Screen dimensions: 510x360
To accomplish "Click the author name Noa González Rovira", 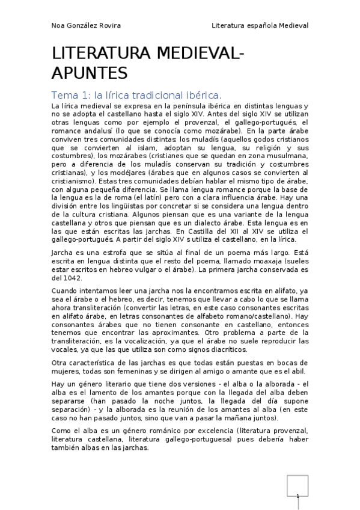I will [87, 26].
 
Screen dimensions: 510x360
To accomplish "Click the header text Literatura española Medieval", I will [260, 26].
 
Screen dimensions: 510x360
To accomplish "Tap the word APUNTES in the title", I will [90, 73].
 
